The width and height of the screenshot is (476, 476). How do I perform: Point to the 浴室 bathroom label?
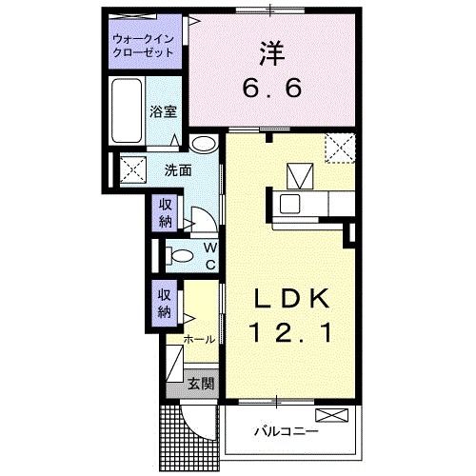(x=163, y=111)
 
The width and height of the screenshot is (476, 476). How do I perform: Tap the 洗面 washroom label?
(x=177, y=170)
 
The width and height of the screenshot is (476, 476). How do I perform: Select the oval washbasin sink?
(x=203, y=145)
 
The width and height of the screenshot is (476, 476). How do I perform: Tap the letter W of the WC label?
(x=210, y=246)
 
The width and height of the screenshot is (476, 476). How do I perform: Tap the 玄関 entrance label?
(x=199, y=385)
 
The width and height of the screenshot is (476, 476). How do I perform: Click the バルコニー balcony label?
(x=286, y=431)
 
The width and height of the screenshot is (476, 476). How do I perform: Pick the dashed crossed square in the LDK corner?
(x=339, y=149)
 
